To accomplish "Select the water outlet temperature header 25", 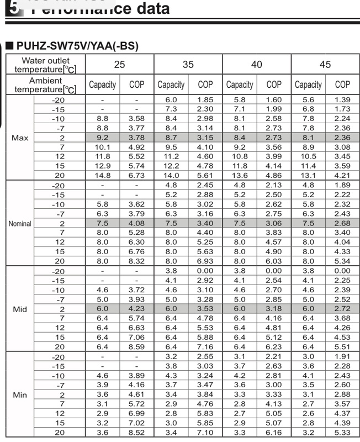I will point(119,65).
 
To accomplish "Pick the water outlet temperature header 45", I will point(325,65).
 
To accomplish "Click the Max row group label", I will point(20,138).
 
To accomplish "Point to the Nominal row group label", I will point(20,224).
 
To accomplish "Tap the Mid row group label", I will point(20,309).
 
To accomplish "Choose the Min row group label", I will point(20,395).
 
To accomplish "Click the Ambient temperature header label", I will point(45,85).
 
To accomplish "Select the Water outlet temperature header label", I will point(45,65).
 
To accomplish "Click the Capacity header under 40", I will point(240,85).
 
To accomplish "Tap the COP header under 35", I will point(205,85).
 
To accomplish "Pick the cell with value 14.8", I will point(102,175).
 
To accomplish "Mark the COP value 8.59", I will point(136,347).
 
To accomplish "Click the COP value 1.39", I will point(342,99).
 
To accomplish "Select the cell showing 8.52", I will point(136,433).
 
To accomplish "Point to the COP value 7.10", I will point(205,433).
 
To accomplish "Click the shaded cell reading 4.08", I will point(136,224).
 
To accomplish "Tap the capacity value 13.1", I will point(308,175).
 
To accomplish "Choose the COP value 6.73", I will point(136,175).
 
